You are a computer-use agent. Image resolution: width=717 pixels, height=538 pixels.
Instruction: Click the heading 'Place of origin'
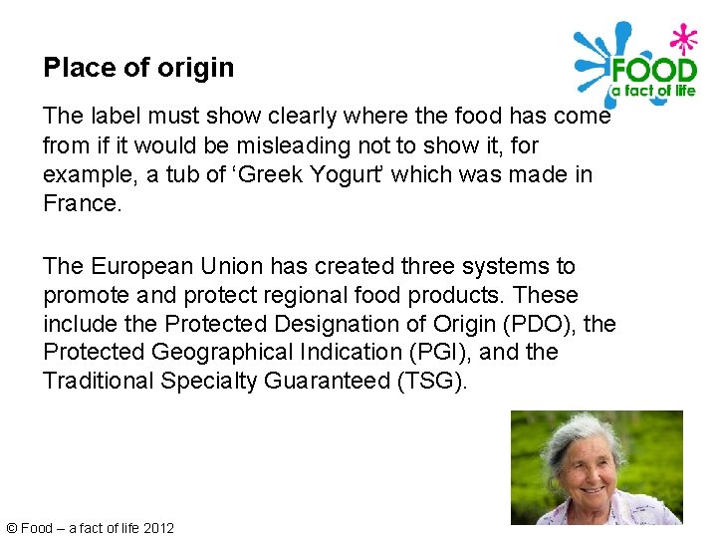138,68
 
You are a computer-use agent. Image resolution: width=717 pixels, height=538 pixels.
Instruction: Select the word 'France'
79,203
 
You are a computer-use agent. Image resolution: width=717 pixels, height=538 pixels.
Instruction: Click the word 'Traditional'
98,382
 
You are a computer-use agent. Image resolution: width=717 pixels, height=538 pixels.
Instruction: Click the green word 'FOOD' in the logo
652,71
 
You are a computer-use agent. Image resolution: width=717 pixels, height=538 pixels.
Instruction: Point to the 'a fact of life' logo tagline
652,92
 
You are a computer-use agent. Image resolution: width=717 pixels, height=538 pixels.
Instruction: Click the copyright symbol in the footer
11,528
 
